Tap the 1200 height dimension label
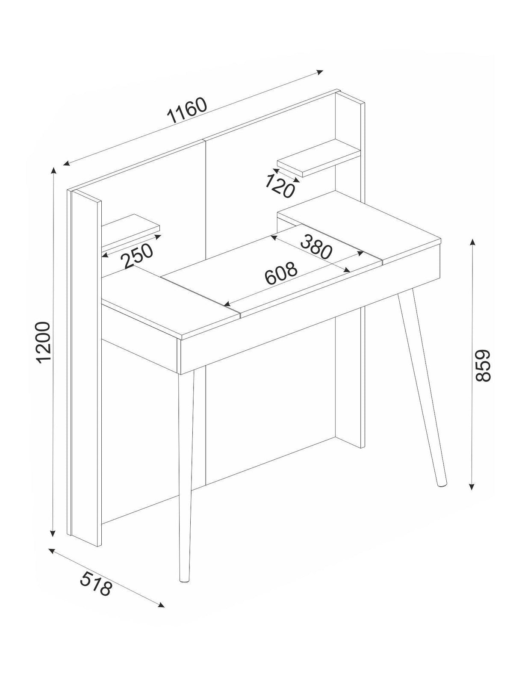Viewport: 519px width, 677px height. [x=43, y=343]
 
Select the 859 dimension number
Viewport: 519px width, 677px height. [x=483, y=365]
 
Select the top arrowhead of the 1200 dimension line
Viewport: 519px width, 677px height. [x=54, y=171]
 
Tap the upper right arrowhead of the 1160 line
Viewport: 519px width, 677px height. [x=319, y=72]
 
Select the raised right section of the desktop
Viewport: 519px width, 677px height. [x=358, y=232]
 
